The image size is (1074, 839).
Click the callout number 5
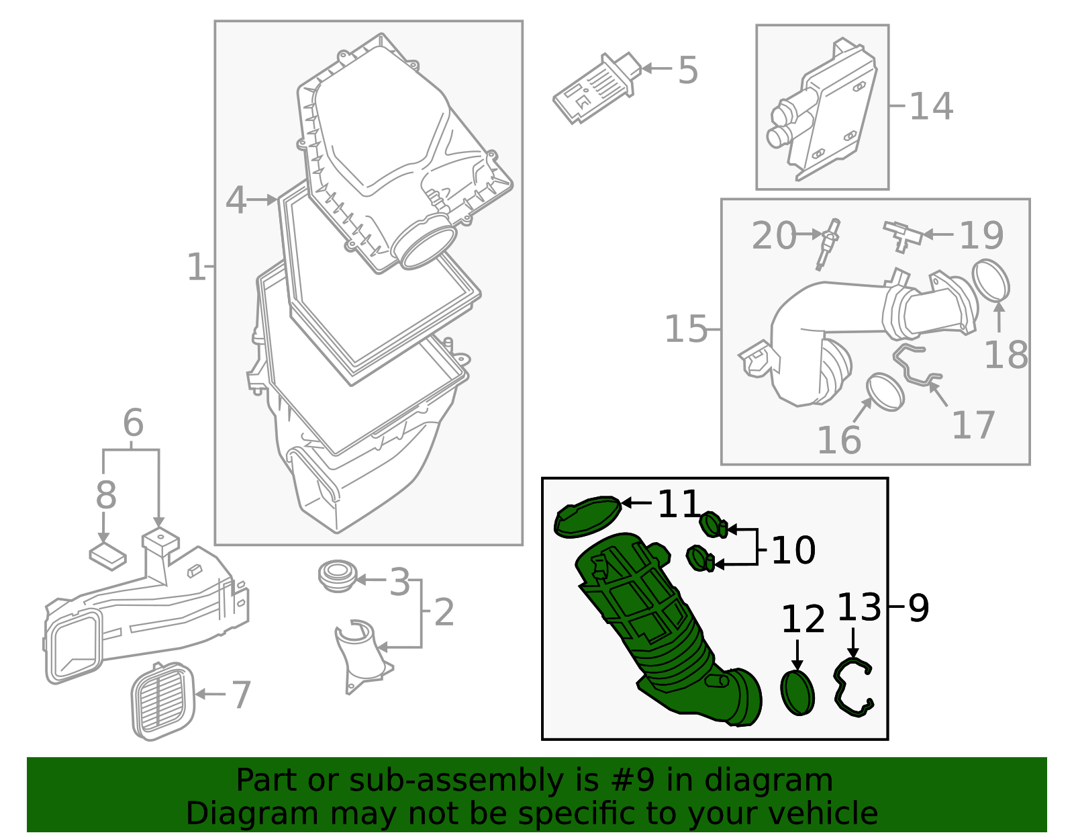[x=688, y=70]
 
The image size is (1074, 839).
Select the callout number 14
[x=931, y=106]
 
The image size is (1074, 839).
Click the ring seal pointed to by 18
[x=991, y=280]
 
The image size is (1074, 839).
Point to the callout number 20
[x=773, y=236]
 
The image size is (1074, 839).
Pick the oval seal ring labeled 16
[x=885, y=392]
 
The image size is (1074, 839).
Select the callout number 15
[x=685, y=329]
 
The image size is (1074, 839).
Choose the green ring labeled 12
[x=797, y=693]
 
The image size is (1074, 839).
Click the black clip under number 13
[x=852, y=689]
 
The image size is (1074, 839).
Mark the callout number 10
[x=793, y=550]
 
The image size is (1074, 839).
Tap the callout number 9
[x=918, y=608]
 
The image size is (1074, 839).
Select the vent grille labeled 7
[x=162, y=702]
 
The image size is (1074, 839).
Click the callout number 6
[x=133, y=423]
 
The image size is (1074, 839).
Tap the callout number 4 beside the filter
[x=236, y=200]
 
